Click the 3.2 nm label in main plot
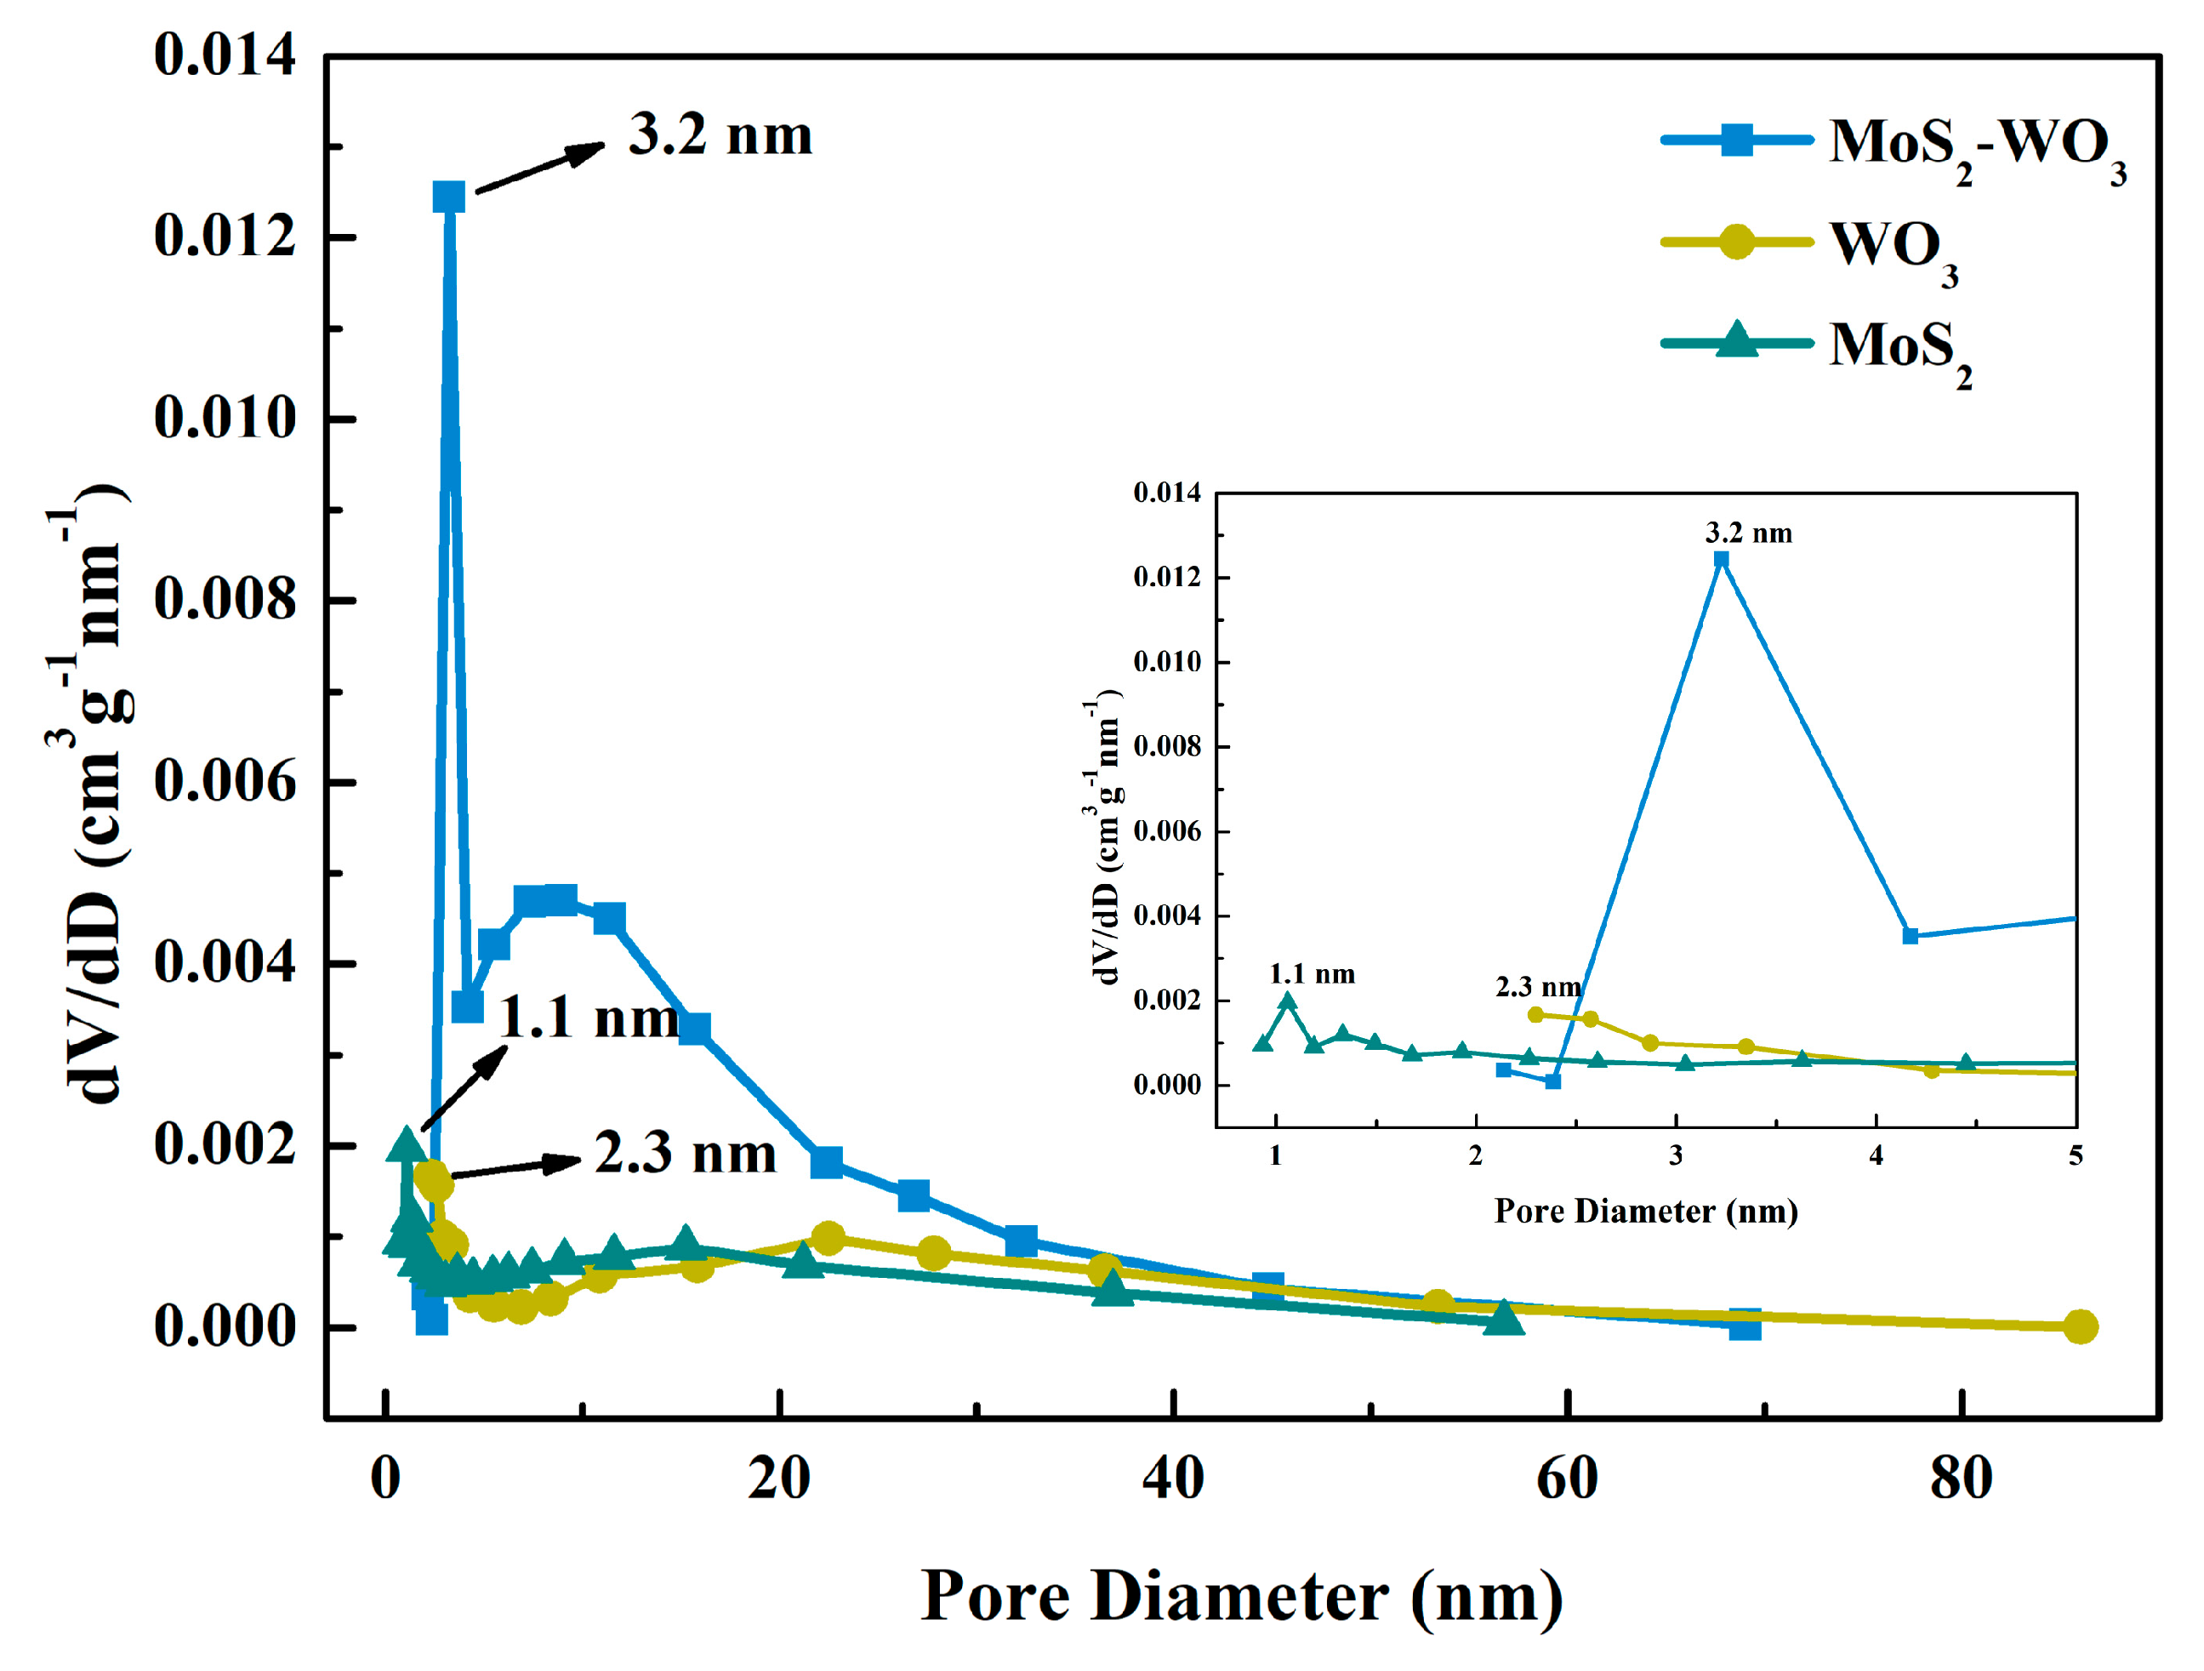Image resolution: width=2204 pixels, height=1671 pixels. tap(720, 134)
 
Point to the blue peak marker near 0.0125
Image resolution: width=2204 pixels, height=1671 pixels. tap(448, 197)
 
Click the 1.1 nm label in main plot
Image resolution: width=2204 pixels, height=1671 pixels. tap(588, 1018)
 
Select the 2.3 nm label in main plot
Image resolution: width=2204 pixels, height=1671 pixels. tap(685, 1154)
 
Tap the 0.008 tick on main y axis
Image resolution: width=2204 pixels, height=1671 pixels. tap(225, 600)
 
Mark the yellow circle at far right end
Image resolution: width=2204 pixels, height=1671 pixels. tap(2080, 1326)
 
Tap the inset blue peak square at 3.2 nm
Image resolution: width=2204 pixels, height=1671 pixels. tap(1721, 559)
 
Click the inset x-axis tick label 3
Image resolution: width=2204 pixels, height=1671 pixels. tap(1676, 1156)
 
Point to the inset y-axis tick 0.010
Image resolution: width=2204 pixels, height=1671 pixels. tap(1167, 662)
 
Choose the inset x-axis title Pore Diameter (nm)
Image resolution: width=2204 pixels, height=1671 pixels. tap(1646, 1212)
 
